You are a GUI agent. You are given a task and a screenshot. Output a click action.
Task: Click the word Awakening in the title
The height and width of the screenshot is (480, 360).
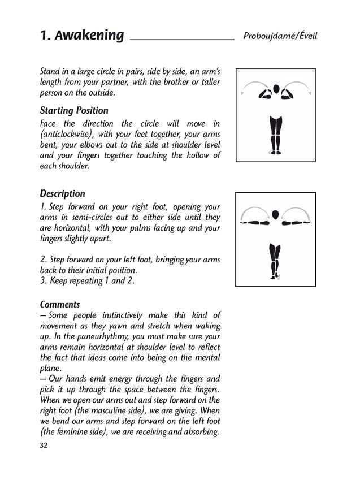click(91, 35)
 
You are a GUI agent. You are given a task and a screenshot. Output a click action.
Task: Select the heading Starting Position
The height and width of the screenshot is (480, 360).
click(74, 110)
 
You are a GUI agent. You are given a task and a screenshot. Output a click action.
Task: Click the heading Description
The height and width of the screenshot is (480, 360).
click(62, 193)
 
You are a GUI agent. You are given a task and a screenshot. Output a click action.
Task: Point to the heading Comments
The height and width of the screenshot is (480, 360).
click(60, 304)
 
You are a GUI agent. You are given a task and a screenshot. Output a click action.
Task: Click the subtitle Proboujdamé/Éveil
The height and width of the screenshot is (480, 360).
click(280, 36)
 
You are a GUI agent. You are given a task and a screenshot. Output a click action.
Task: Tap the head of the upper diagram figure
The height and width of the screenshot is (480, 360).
click(276, 89)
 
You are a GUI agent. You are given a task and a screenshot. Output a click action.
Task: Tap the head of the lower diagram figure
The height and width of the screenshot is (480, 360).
click(276, 214)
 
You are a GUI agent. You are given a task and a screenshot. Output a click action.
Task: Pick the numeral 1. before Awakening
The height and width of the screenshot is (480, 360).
click(46, 35)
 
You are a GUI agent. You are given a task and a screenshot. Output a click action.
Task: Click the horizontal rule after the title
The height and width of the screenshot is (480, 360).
click(182, 40)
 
